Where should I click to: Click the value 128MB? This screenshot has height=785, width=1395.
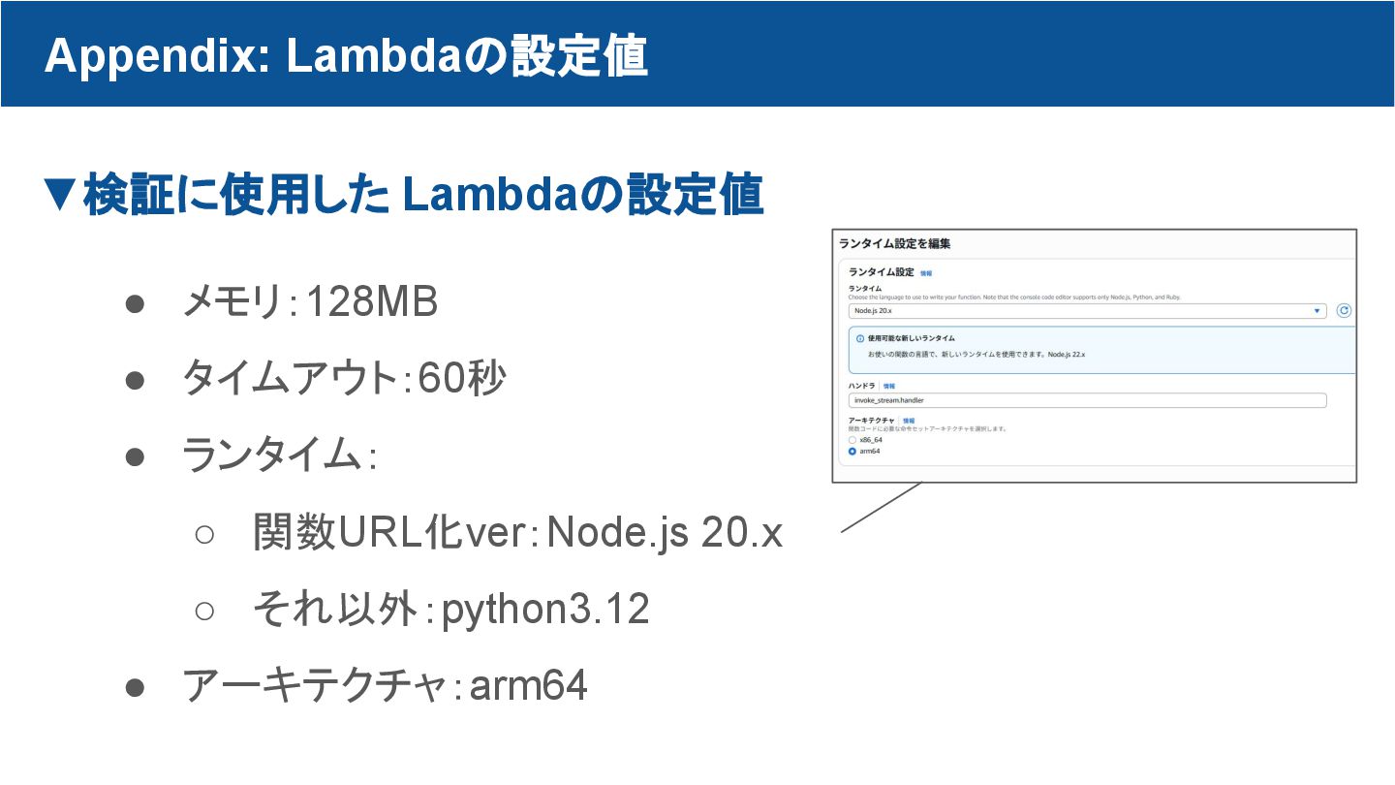tap(372, 303)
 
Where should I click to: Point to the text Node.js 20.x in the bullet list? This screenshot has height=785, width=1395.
tap(665, 532)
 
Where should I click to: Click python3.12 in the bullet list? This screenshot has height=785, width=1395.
tap(545, 610)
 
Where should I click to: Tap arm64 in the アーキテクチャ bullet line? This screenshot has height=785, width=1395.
tap(529, 686)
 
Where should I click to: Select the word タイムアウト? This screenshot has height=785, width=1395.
tap(288, 379)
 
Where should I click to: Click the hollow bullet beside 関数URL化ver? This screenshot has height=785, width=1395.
tap(204, 533)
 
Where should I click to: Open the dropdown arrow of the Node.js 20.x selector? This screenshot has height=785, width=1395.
tap(1317, 311)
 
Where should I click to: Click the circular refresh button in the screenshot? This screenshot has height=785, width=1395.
tap(1344, 311)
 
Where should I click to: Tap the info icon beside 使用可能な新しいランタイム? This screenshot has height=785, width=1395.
tap(860, 338)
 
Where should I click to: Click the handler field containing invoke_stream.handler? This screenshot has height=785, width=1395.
tap(1086, 400)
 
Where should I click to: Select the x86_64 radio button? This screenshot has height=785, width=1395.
tap(852, 440)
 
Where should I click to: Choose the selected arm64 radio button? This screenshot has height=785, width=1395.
tap(852, 452)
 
